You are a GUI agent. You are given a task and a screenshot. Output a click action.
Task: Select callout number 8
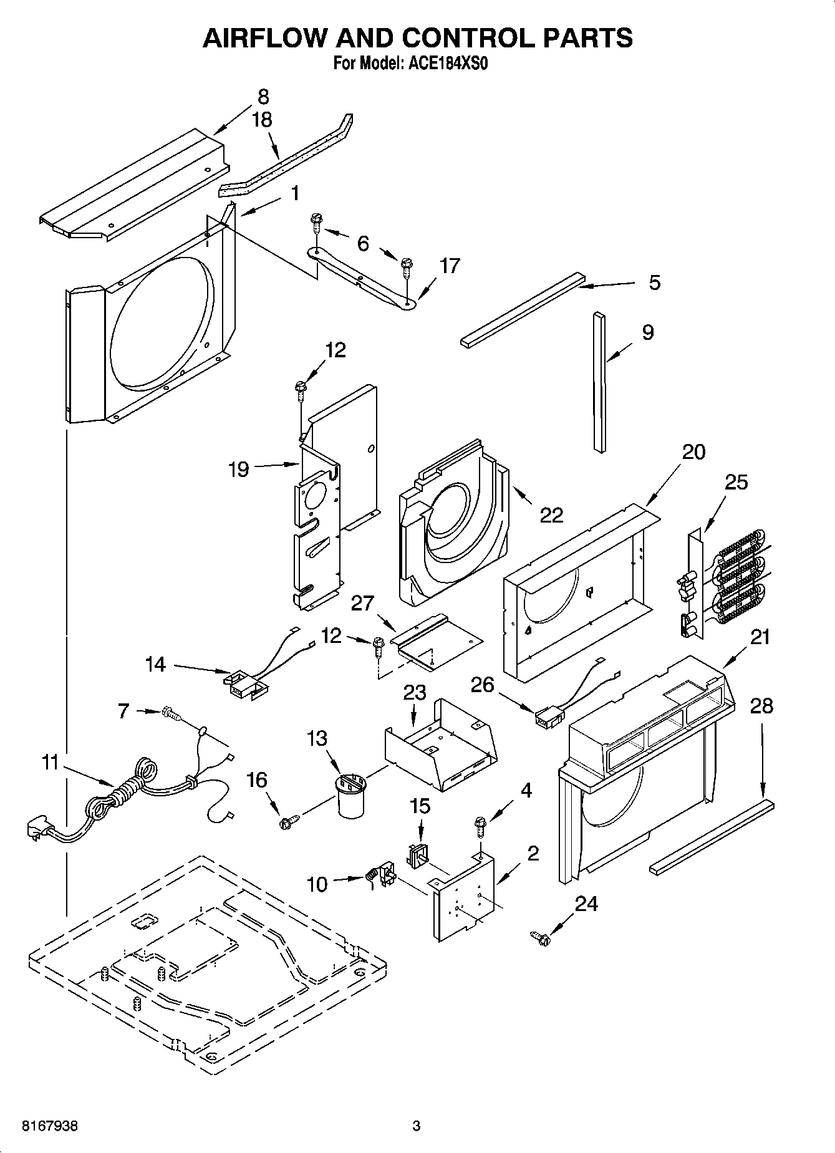(x=263, y=97)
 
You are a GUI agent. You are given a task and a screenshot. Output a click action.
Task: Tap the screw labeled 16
(x=287, y=823)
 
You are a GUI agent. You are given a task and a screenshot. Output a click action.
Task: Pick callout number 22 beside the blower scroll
(x=551, y=514)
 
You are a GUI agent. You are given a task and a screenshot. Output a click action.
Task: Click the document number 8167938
(x=50, y=1126)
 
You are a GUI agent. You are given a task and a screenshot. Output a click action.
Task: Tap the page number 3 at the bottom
(x=417, y=1126)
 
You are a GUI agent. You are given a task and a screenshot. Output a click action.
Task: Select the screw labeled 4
(x=481, y=826)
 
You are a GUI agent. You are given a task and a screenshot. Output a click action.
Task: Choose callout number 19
(x=239, y=469)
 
